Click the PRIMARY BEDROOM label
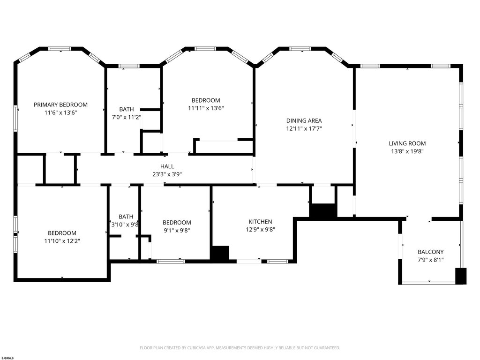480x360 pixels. [x=60, y=105]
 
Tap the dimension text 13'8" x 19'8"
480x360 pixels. [x=407, y=151]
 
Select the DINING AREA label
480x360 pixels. [x=304, y=120]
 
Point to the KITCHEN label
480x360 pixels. [x=260, y=222]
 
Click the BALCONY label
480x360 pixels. [x=431, y=252]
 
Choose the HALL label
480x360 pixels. [x=167, y=166]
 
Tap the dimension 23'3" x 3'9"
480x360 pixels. [x=167, y=174]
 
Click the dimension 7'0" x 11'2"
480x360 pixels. [x=127, y=117]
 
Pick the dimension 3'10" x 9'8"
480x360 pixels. [x=126, y=225]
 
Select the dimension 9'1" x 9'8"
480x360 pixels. [x=177, y=230]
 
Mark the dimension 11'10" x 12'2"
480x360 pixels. [x=62, y=241]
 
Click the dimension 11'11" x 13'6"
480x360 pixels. [x=206, y=108]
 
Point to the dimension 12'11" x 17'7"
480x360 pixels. [x=304, y=128]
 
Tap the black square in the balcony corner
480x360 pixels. [x=461, y=276]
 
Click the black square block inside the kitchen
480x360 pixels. [x=220, y=254]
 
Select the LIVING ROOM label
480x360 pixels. [x=407, y=143]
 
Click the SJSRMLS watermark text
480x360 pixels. [x=7, y=358]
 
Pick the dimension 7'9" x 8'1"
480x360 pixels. [x=431, y=260]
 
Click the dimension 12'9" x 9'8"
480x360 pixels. [x=260, y=230]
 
